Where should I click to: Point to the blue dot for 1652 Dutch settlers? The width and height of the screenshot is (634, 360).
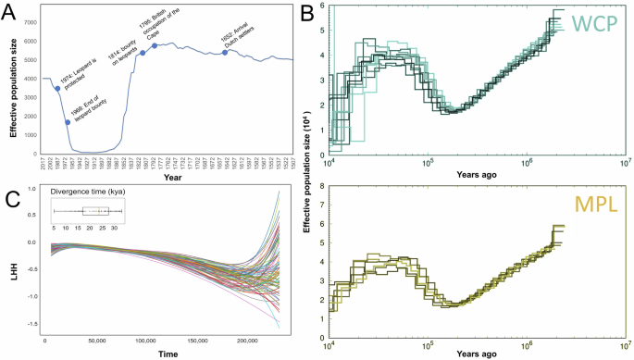coord(225,52)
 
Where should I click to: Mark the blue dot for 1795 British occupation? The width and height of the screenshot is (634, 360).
coord(155,45)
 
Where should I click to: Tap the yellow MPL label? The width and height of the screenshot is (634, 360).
coord(594,201)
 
